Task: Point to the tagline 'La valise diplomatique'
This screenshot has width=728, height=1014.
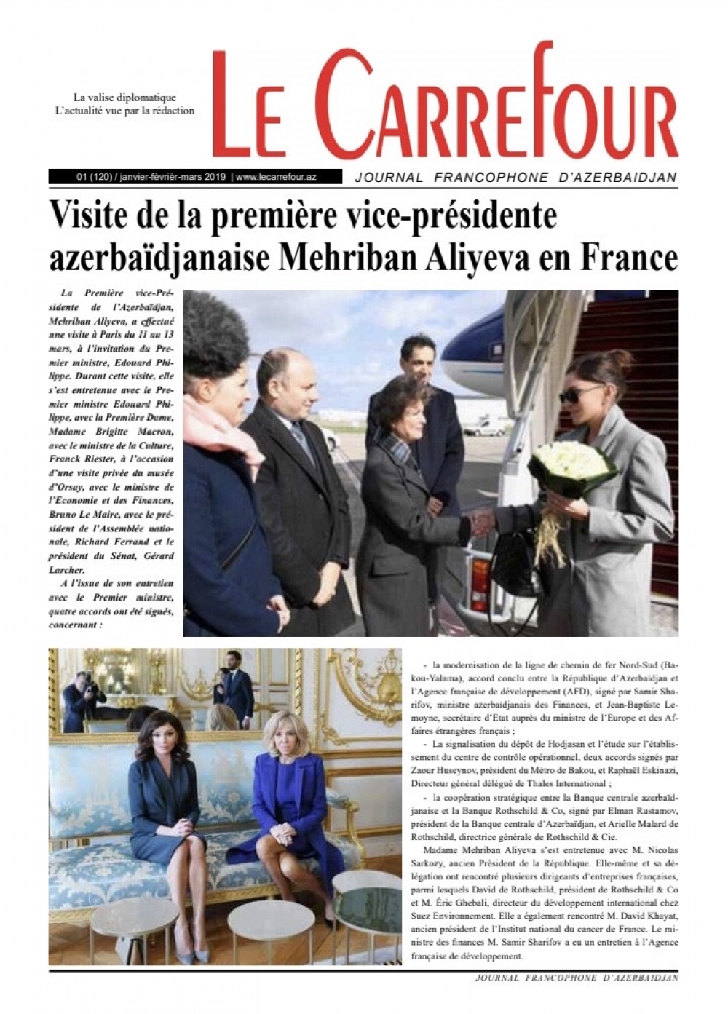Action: pos(124,98)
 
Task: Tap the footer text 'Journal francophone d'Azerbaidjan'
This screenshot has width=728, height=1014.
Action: pos(576,978)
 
